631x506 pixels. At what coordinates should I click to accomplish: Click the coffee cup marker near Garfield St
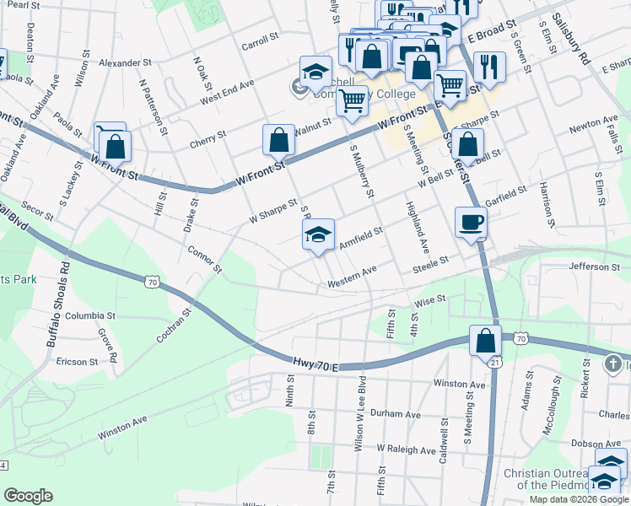point(471,223)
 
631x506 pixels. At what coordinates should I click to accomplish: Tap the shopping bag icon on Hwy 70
point(485,341)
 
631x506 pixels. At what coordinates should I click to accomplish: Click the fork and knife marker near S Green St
point(489,67)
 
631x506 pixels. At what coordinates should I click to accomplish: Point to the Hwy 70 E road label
point(315,364)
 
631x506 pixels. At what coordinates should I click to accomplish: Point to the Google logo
point(29,495)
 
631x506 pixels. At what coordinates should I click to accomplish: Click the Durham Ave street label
point(395,414)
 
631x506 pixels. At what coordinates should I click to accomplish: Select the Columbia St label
point(89,315)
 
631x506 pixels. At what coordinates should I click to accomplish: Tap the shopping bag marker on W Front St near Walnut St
point(278,139)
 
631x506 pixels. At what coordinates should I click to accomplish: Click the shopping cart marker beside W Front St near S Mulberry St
point(353,100)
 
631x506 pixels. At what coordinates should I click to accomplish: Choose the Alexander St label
point(124,62)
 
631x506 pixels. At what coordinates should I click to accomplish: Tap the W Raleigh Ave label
point(407,449)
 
